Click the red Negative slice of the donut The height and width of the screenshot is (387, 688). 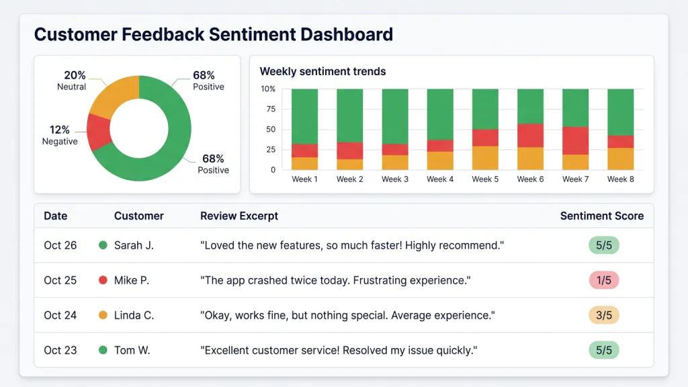click(98, 132)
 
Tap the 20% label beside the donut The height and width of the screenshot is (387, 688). click(75, 75)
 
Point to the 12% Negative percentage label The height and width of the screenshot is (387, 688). click(59, 130)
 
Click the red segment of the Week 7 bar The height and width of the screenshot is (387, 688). click(575, 140)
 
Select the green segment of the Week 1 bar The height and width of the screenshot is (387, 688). click(304, 116)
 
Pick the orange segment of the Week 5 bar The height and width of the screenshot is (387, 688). click(485, 158)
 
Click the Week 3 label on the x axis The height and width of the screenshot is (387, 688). click(395, 179)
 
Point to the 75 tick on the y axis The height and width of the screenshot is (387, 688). click(271, 109)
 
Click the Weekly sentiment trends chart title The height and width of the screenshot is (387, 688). click(322, 71)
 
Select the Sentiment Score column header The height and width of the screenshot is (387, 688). click(601, 216)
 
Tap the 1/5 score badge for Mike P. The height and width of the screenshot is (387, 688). click(604, 280)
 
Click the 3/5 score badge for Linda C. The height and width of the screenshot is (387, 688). click(604, 315)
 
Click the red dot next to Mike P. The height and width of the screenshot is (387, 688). click(103, 280)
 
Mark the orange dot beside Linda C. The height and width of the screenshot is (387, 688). click(103, 315)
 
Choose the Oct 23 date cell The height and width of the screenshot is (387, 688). click(60, 350)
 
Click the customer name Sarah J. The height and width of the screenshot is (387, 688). click(134, 245)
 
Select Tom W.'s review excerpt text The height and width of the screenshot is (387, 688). click(339, 350)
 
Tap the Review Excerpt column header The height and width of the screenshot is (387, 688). click(239, 216)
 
